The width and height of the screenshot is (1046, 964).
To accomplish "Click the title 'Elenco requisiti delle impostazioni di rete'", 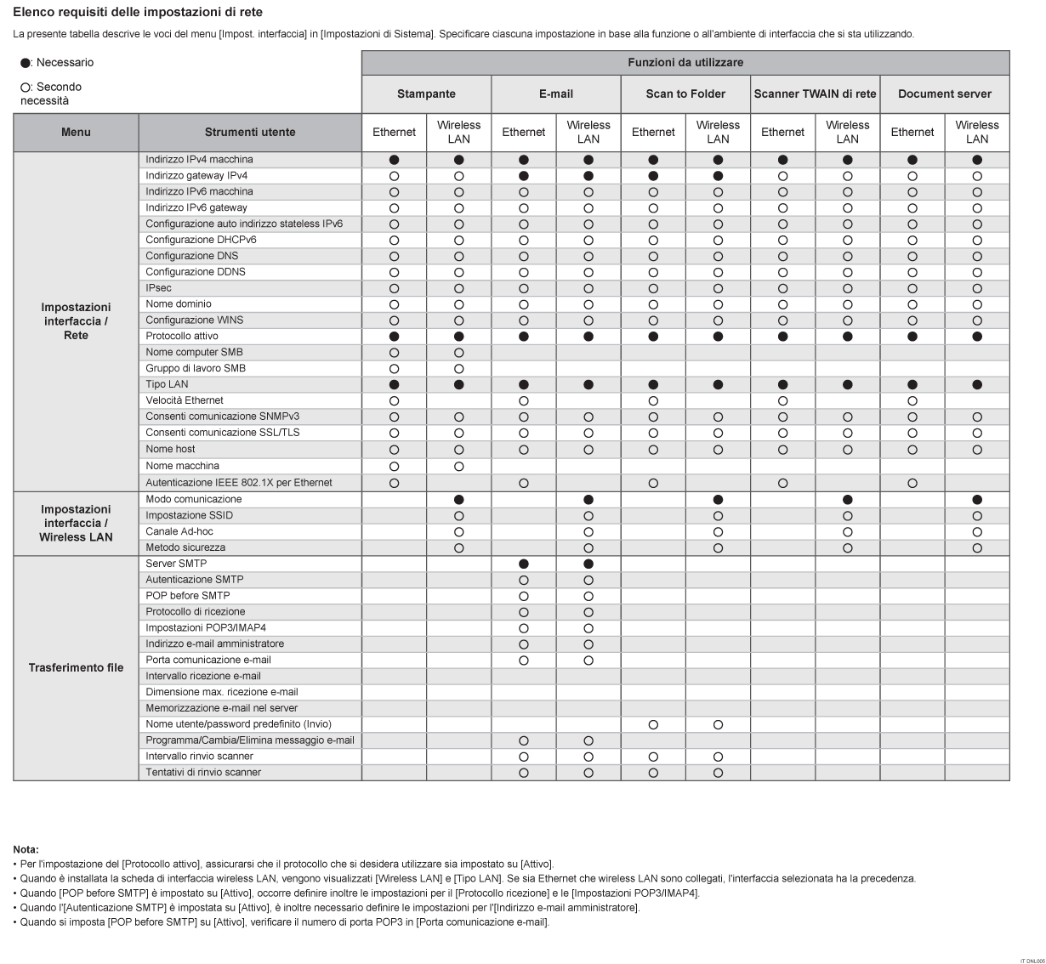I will pyautogui.click(x=138, y=13).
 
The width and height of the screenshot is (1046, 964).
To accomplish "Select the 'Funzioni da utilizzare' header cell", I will pyautogui.click(x=685, y=62).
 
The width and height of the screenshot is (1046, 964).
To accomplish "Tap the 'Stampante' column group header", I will pyautogui.click(x=426, y=94).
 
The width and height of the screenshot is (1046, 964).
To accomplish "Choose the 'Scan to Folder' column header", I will pyautogui.click(x=685, y=94).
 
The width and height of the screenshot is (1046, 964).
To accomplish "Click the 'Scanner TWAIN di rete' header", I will pyautogui.click(x=815, y=94).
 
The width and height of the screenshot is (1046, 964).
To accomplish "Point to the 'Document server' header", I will pyautogui.click(x=945, y=94).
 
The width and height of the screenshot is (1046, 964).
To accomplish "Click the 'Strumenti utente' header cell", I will pyautogui.click(x=250, y=132).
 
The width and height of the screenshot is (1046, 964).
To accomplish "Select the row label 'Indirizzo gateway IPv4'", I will pyautogui.click(x=196, y=175).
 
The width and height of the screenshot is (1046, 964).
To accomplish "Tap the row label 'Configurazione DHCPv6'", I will pyautogui.click(x=201, y=240).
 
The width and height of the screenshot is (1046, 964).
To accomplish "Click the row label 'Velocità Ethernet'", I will pyautogui.click(x=185, y=400).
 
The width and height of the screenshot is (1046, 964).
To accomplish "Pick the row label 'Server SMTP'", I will pyautogui.click(x=176, y=564).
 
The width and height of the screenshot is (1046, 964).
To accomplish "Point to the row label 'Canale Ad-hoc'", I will pyautogui.click(x=179, y=531).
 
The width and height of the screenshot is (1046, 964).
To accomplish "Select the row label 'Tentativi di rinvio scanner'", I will pyautogui.click(x=203, y=772).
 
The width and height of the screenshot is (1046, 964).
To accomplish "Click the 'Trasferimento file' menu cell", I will pyautogui.click(x=76, y=667).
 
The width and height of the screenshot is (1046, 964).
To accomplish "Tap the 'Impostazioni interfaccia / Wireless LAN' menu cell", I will pyautogui.click(x=76, y=523).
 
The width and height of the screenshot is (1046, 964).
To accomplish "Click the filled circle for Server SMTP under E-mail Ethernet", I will pyautogui.click(x=524, y=564).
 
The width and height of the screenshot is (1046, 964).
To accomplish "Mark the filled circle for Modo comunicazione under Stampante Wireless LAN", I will pyautogui.click(x=459, y=499).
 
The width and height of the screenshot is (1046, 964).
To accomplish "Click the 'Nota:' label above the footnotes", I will pyautogui.click(x=26, y=849).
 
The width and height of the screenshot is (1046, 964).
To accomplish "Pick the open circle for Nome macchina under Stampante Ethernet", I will pyautogui.click(x=394, y=466).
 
